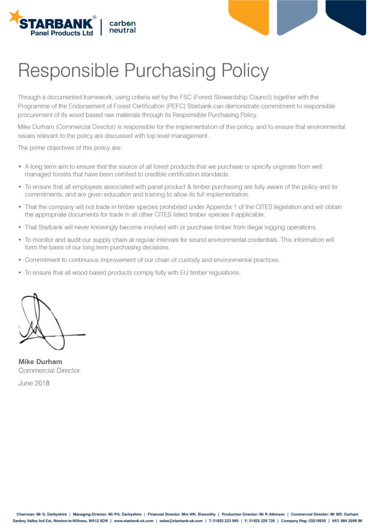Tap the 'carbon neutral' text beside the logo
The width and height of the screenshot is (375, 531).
click(x=122, y=27)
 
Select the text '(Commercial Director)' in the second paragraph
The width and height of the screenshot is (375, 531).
click(x=85, y=127)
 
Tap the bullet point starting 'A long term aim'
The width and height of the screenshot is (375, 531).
click(x=20, y=167)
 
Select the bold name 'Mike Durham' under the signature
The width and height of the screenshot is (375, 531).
click(x=40, y=361)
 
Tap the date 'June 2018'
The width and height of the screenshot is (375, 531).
click(x=34, y=383)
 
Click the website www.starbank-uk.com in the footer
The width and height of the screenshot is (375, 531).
click(x=133, y=521)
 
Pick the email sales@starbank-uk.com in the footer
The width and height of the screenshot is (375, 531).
click(x=181, y=521)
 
